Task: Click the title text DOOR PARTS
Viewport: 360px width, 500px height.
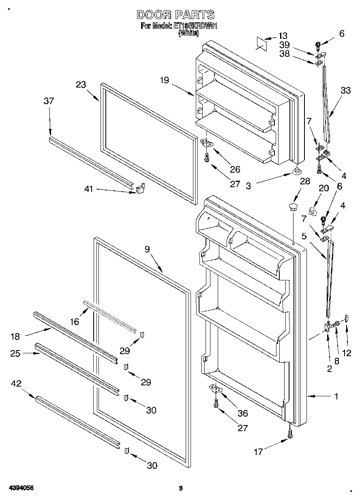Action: [x=175, y=15]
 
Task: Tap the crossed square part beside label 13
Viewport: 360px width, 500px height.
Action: [x=261, y=43]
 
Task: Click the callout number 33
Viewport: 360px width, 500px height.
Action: [x=345, y=91]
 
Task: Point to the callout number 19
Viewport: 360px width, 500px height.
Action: [x=164, y=81]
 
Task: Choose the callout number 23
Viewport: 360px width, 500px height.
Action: [x=81, y=85]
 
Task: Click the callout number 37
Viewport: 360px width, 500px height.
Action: [x=49, y=101]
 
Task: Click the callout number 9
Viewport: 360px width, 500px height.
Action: [x=147, y=249]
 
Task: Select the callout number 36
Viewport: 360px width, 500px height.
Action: [x=242, y=414]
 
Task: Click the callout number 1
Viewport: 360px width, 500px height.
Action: [x=336, y=397]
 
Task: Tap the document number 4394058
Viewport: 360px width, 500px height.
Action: [x=20, y=488]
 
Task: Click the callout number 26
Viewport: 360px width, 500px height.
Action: [x=235, y=169]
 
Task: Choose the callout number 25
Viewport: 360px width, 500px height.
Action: [x=15, y=353]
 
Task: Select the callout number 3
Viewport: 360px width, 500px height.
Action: [x=249, y=186]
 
